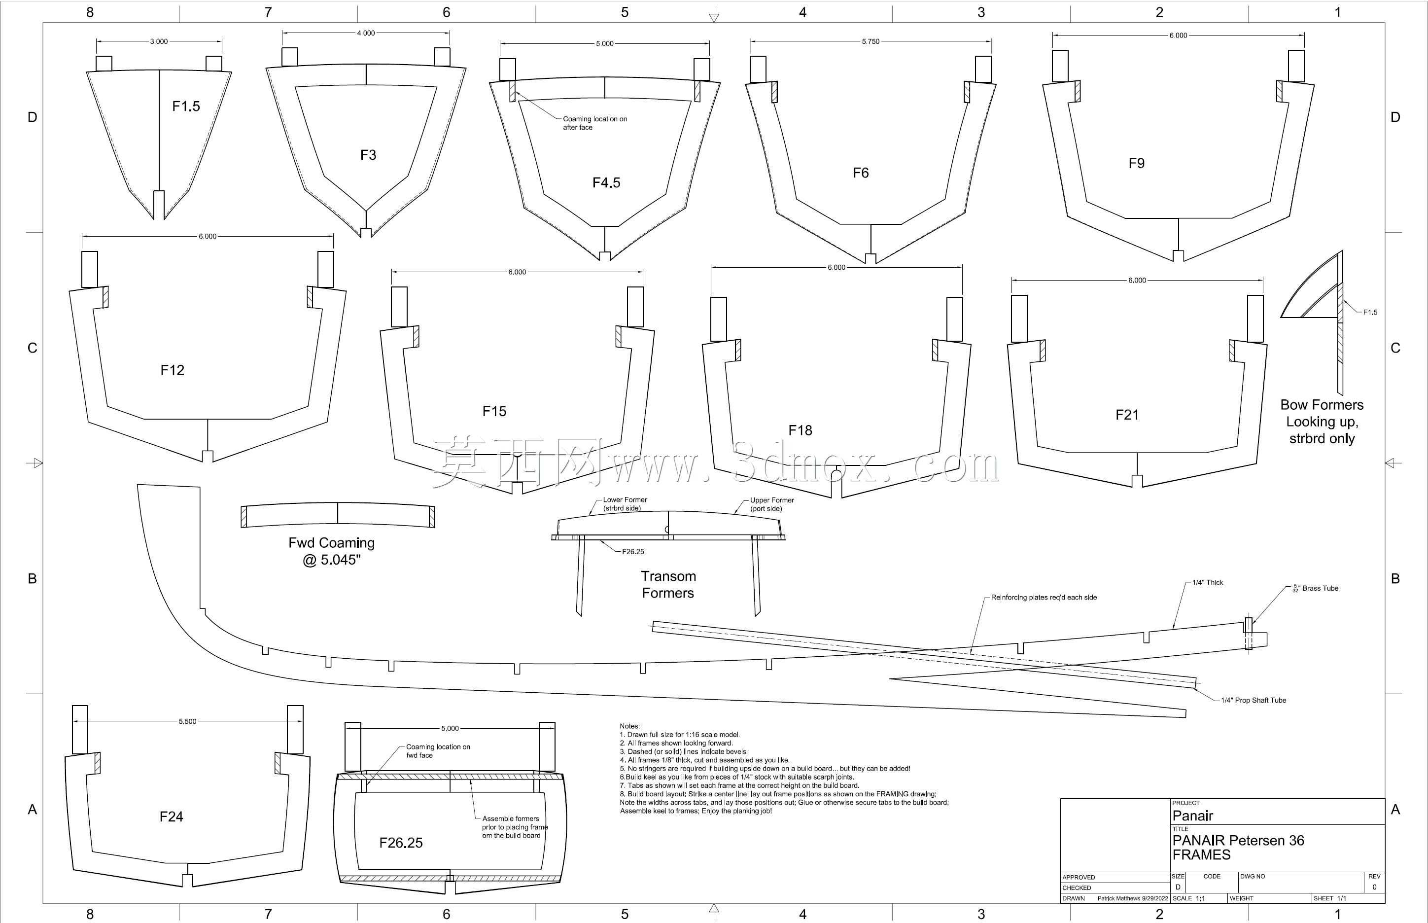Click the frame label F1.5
[x=186, y=106]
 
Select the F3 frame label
[x=368, y=155]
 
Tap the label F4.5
[x=606, y=182]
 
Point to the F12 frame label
[x=172, y=370]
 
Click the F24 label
[x=172, y=816]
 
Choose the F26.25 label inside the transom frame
[x=401, y=843]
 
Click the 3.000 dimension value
[x=159, y=41]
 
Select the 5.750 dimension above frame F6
[x=871, y=41]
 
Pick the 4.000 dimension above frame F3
[x=366, y=33]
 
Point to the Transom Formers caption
[x=668, y=584]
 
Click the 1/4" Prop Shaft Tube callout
[x=1254, y=700]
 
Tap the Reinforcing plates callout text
[x=1044, y=597]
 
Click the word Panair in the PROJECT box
[x=1192, y=816]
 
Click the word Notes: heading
[x=630, y=726]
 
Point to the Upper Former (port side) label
[x=772, y=504]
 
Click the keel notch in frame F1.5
[x=159, y=205]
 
